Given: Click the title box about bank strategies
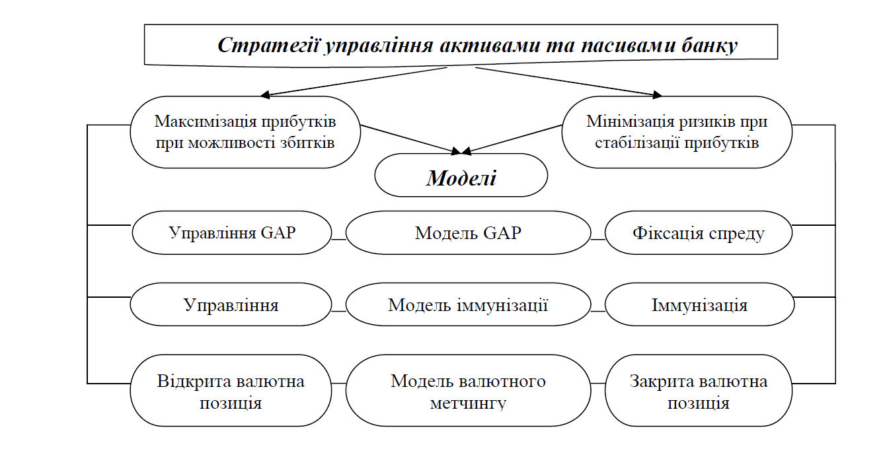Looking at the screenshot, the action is pos(461,45).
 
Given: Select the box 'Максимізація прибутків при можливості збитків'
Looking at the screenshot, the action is pos(245,132).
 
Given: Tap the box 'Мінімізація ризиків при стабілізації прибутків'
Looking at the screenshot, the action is pos(676,132).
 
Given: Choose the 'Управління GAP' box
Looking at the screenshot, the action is pos(231,233).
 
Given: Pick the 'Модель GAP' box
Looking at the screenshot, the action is pos(468,233).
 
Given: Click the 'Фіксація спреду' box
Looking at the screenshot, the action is pos(699,233).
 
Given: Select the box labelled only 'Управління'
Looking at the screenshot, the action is pos(231,305).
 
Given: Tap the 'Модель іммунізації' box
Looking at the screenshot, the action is pos(468,305).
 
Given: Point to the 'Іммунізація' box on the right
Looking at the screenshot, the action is pos(699,305).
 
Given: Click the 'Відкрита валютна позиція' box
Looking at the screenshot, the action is pos(231,392).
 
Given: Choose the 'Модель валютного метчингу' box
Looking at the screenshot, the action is pos(468,392).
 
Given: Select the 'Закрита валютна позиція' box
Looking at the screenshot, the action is pos(699,392).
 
